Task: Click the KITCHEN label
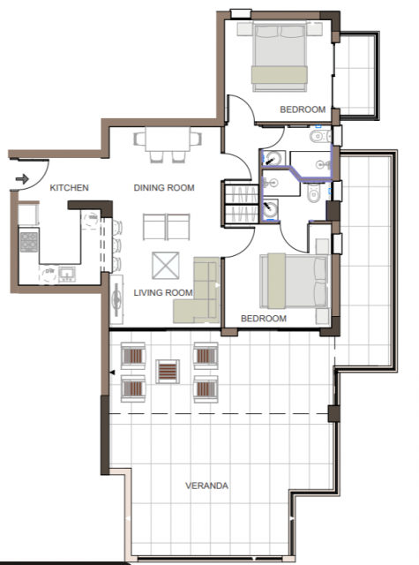point(69,188)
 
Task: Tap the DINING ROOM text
point(164,188)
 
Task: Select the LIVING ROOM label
point(163,292)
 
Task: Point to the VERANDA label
point(206,486)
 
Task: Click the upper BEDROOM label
point(303,109)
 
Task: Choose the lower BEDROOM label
point(264,319)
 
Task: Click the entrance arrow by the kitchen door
point(22,178)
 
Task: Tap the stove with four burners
point(29,242)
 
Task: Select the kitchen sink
point(67,275)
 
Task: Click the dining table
point(168,139)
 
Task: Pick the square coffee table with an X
point(166,266)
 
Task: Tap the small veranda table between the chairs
point(168,371)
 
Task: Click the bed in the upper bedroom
point(280,56)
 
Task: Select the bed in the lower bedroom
point(295,281)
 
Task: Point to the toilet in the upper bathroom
point(320,136)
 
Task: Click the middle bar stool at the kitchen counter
point(116,245)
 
